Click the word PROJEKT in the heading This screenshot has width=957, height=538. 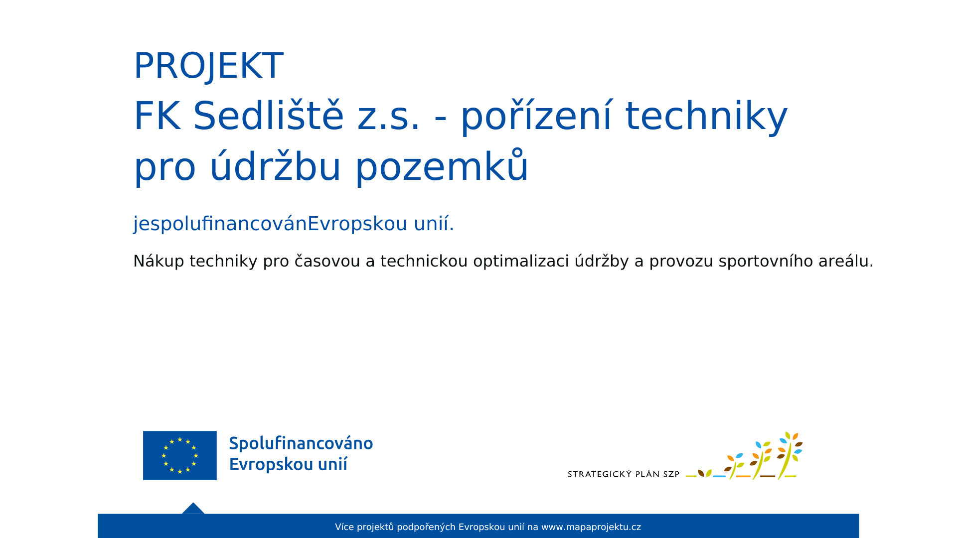coord(208,66)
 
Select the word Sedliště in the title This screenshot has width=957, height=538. coord(268,116)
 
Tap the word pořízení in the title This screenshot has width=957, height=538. coord(536,117)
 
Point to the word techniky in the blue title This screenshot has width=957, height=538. coord(706,117)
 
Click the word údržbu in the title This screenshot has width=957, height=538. coord(275,166)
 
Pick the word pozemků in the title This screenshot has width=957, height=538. coord(442,166)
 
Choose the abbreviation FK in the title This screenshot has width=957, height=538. coord(157,116)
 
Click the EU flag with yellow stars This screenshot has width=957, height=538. coord(180,455)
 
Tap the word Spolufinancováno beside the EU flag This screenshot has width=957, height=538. coord(301,443)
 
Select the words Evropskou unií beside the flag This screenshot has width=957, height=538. coord(288,464)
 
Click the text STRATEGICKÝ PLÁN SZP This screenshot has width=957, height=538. coord(624,474)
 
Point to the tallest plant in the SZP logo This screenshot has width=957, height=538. coord(790,455)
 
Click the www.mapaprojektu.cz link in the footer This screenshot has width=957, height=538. coord(591,527)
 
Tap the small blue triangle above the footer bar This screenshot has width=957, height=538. coord(193,508)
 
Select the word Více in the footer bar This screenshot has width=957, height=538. coord(344,527)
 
